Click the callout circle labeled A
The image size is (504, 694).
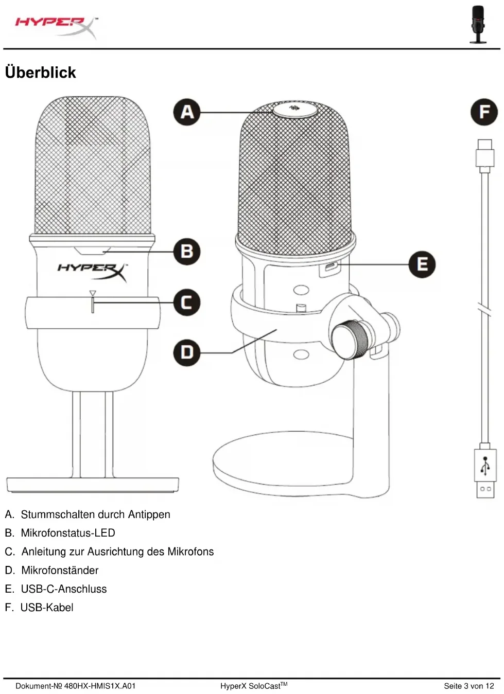point(187,112)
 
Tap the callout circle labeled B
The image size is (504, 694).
point(187,252)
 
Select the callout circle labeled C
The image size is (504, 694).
point(187,302)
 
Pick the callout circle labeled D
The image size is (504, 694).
point(187,352)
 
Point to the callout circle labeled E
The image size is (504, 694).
point(422,264)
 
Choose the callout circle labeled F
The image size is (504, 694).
point(484,112)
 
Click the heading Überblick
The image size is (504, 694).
point(41,73)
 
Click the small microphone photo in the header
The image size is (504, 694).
point(478,24)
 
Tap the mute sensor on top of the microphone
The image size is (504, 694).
point(294,109)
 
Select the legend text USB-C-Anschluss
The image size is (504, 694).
point(64,589)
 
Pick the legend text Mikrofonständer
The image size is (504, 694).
point(60,570)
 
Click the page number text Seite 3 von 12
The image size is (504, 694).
point(468,686)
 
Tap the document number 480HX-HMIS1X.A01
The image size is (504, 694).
point(100,686)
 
